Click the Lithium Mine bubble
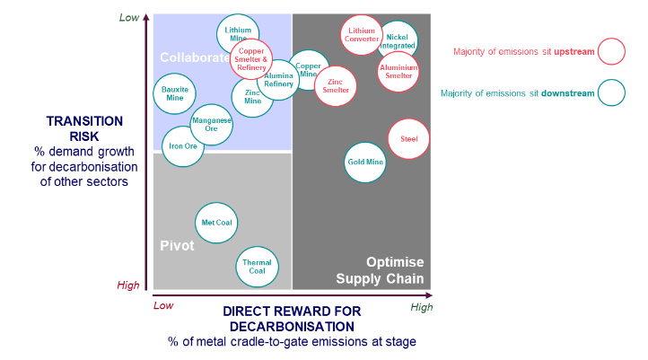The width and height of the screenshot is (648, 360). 238,35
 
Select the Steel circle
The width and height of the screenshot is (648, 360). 408,139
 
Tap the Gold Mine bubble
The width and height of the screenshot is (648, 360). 365,162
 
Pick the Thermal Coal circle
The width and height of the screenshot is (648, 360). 257,267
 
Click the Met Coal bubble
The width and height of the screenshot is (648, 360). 216,223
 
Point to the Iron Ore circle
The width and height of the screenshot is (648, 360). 182,145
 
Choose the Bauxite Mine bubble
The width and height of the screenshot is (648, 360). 174,93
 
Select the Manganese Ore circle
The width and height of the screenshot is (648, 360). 212,125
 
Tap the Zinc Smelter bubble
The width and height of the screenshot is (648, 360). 334,86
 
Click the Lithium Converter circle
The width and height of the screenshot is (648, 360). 362,35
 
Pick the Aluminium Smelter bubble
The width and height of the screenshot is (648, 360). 398,72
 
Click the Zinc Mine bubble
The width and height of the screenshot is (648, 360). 252,97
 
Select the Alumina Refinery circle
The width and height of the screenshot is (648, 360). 278,80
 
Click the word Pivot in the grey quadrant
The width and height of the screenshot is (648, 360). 177,245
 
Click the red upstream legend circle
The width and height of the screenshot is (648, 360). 611,51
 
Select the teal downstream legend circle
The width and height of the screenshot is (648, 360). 611,92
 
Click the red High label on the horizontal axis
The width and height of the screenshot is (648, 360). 421,307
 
